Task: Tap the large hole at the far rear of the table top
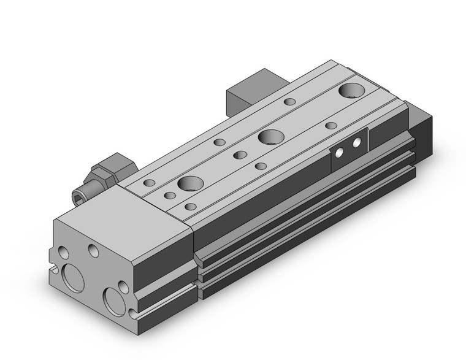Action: click(x=352, y=91)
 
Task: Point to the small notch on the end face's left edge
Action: click(x=56, y=269)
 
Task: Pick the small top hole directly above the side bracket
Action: click(x=331, y=125)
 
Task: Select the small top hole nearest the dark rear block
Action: click(x=288, y=101)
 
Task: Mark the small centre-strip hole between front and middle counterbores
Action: click(x=240, y=155)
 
